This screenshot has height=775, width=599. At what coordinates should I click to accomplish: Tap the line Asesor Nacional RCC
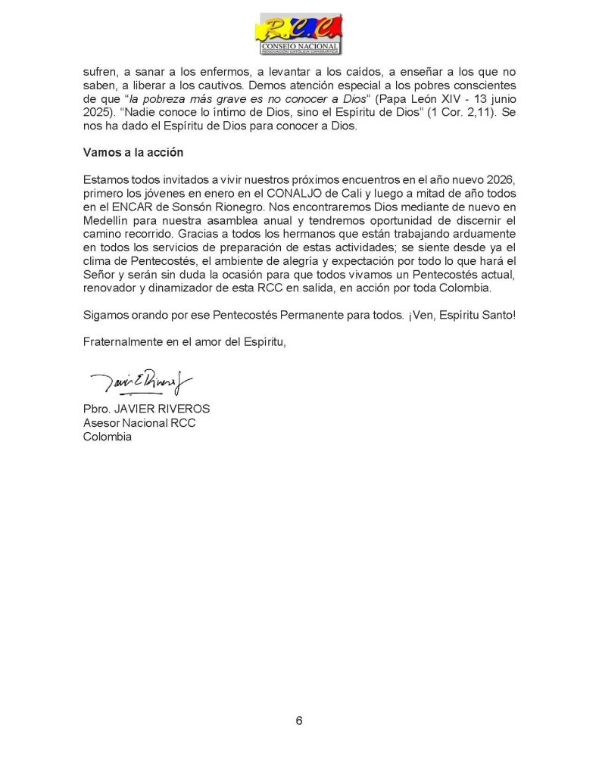(139, 423)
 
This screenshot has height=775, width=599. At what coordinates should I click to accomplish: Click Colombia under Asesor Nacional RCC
(108, 436)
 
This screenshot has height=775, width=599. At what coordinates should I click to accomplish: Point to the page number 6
(299, 720)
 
